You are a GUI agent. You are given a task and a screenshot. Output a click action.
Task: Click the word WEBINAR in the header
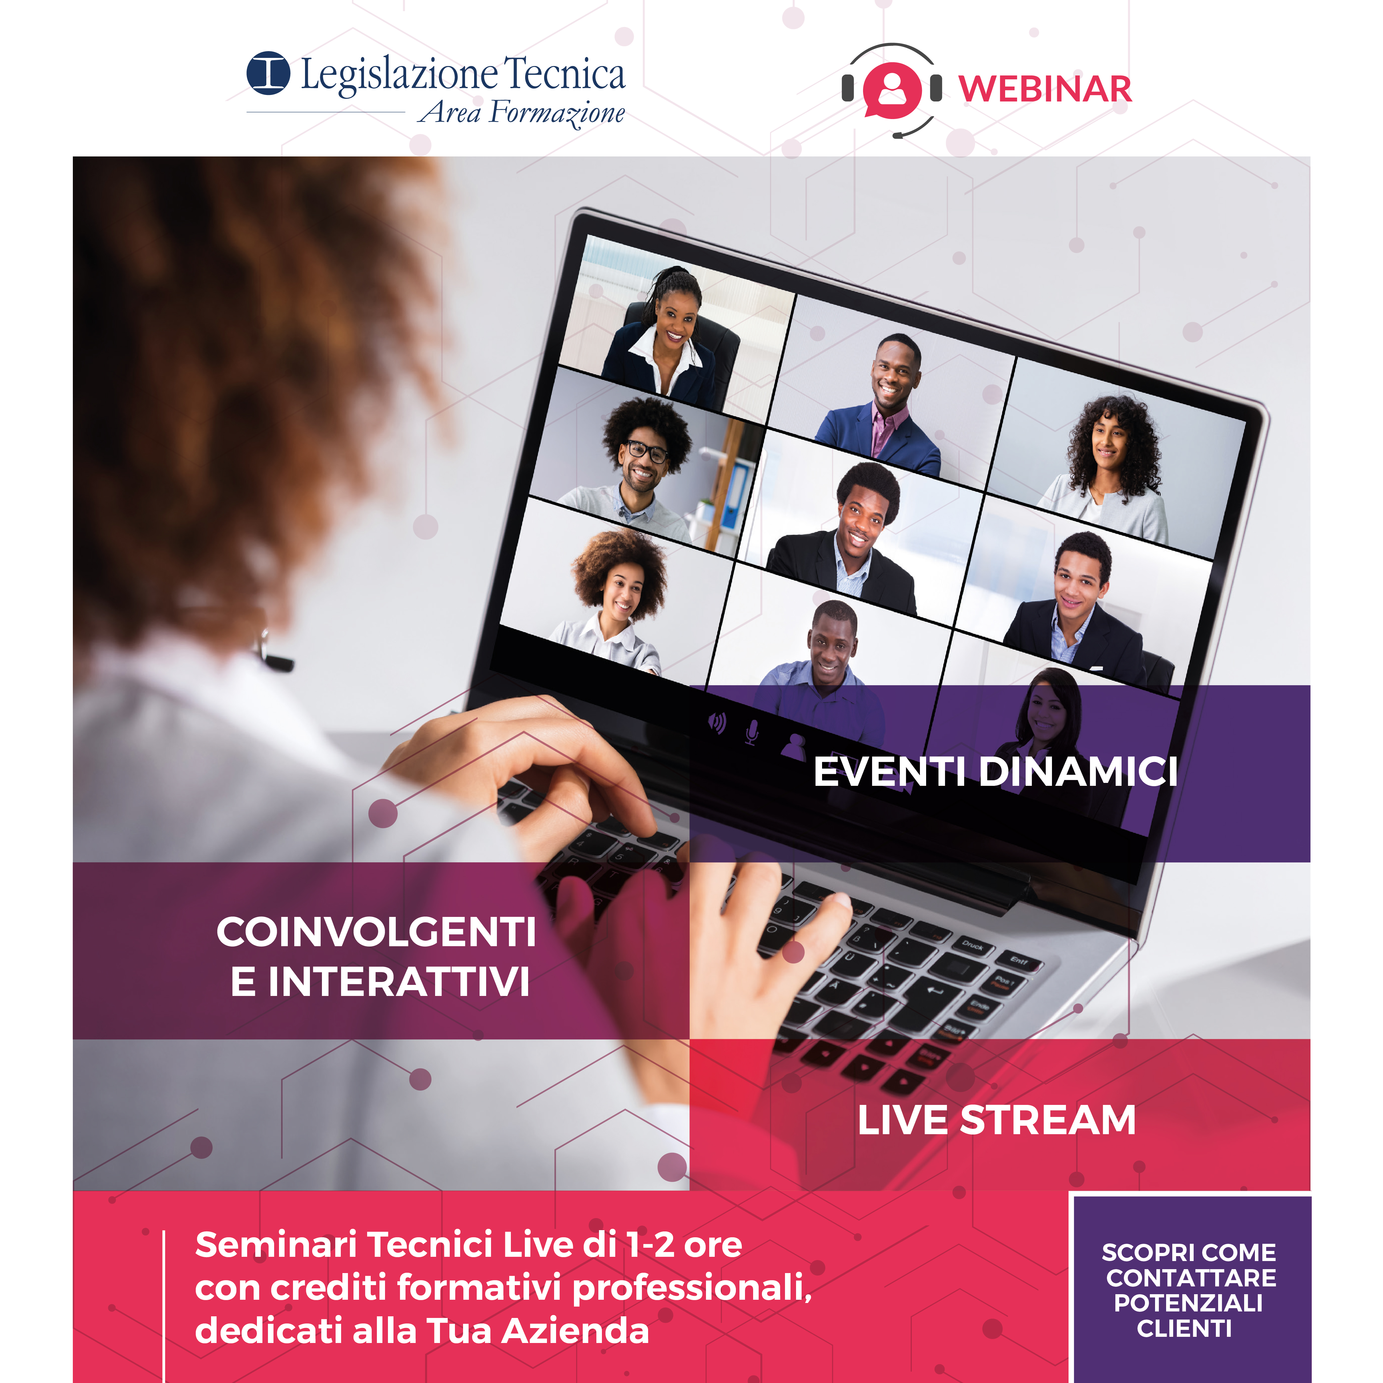click(x=1045, y=89)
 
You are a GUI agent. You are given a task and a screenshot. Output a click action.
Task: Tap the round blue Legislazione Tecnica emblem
click(x=269, y=73)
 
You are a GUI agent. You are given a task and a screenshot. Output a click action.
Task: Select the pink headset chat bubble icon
click(x=892, y=91)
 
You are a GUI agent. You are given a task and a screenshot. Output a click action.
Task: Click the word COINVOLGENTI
click(x=377, y=932)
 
